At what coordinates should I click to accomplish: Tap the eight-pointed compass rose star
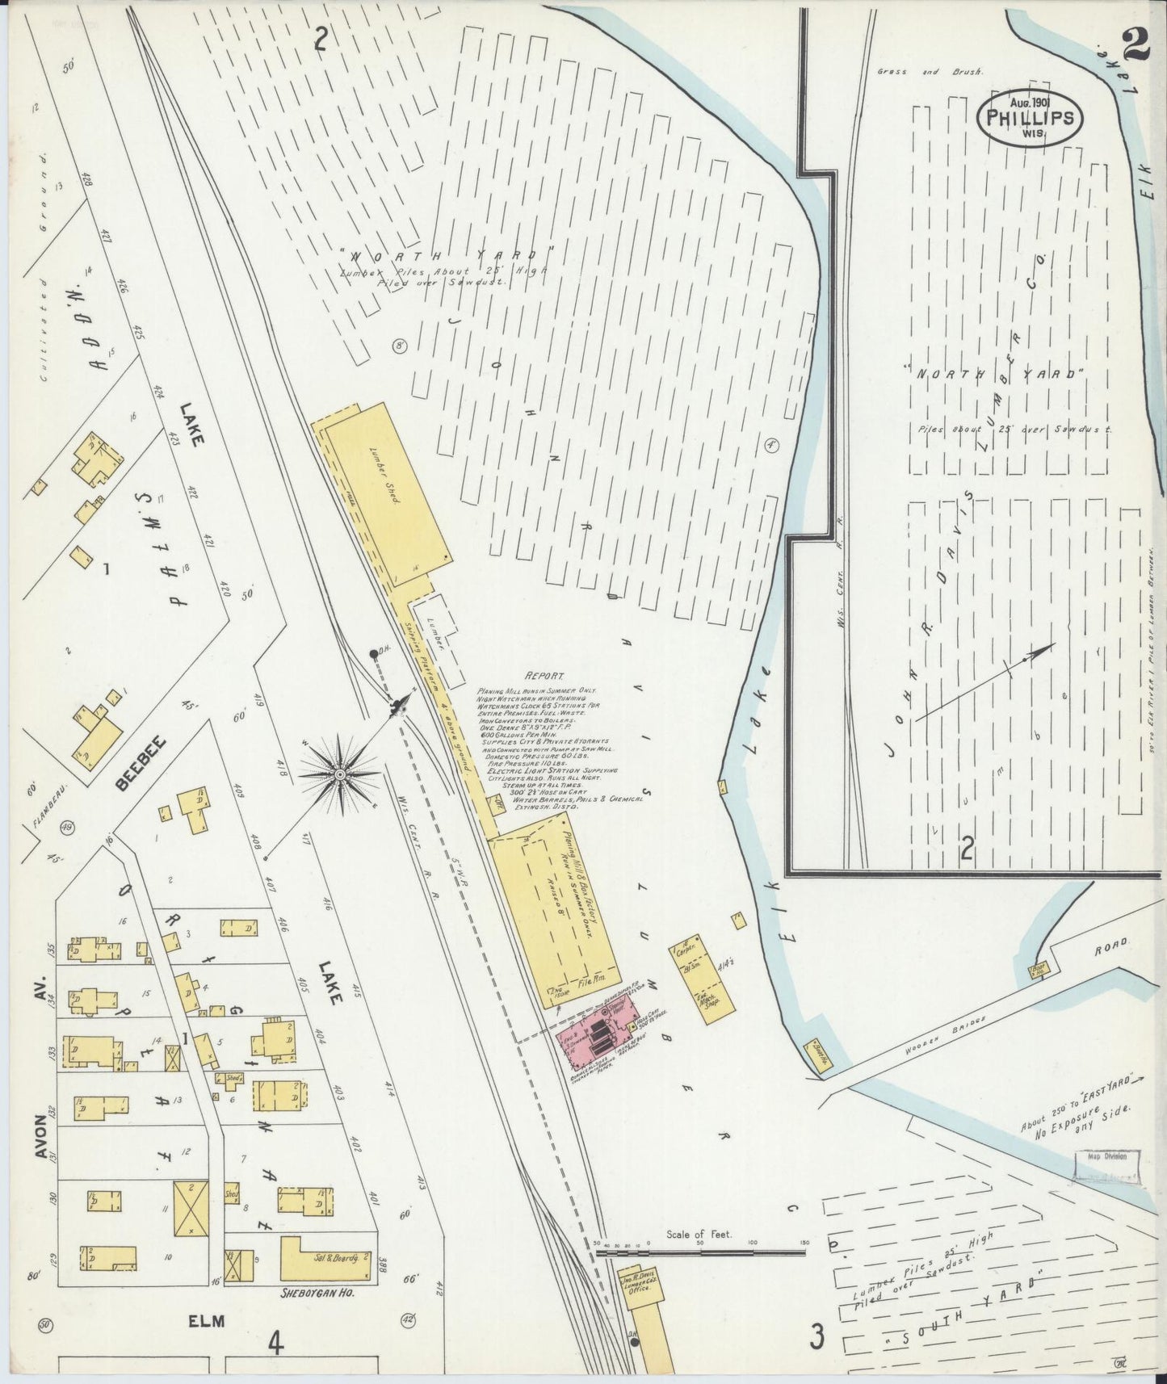340,774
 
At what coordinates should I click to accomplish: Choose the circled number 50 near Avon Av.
44,1323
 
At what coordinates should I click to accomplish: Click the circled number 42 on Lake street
408,1319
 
